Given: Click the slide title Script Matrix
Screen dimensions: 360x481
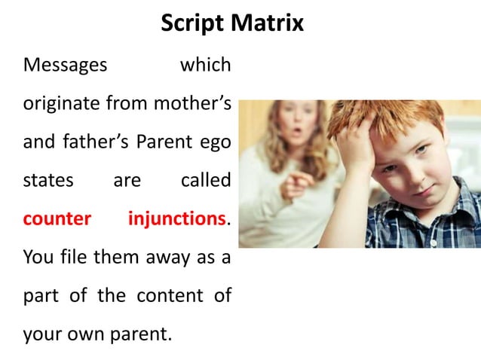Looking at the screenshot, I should pos(232,23).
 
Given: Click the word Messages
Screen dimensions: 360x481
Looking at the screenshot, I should pos(65,66).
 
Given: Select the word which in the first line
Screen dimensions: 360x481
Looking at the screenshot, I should pos(205,66).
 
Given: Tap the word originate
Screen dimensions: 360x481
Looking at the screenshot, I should pos(60,104).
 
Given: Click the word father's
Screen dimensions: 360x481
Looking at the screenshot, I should pos(97,142).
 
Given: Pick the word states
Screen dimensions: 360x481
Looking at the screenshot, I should pos(48,181).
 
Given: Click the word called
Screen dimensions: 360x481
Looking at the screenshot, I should pos(206,181).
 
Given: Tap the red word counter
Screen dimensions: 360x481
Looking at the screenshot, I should pos(57,219).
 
